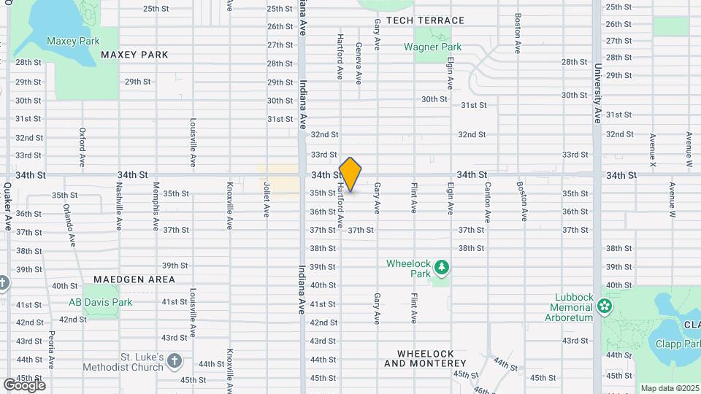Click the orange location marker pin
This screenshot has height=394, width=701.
click(350, 174)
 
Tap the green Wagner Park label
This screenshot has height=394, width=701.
click(433, 47)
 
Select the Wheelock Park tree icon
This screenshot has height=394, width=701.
click(441, 269)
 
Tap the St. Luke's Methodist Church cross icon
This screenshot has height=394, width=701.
click(174, 360)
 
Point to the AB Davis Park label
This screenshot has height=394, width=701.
click(101, 302)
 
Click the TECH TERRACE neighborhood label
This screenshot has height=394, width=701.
click(425, 20)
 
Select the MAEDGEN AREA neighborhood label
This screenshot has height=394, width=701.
click(134, 279)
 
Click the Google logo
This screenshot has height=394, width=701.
click(24, 385)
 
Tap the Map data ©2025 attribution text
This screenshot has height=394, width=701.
click(670, 388)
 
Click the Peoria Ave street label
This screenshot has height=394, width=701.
click(51, 349)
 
